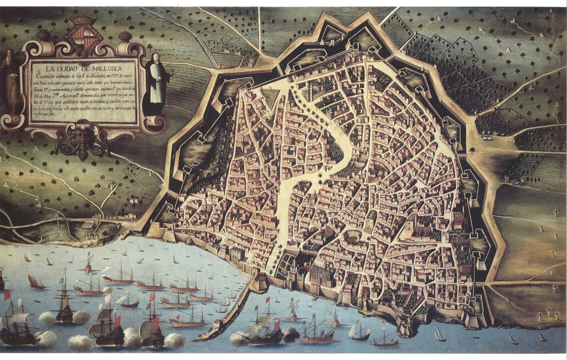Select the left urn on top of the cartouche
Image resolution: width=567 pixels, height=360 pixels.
click(44, 35)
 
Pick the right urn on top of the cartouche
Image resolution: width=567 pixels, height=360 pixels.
click(125, 36)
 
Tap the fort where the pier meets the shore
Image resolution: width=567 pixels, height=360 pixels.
click(257, 284)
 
